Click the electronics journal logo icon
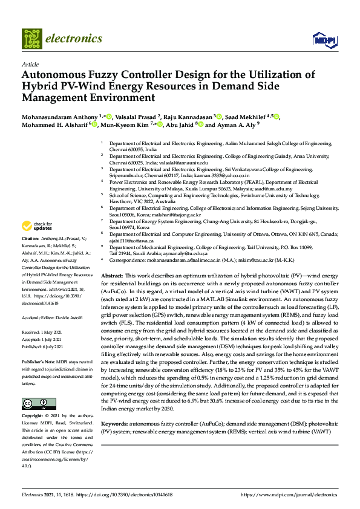point(32,39)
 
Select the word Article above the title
point(30,64)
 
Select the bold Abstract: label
point(113,275)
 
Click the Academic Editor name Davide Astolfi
point(72,318)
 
